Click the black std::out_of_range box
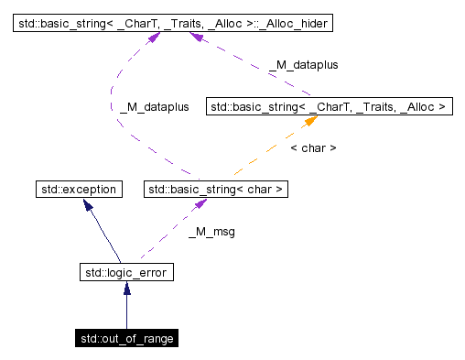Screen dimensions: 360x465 coord(126,338)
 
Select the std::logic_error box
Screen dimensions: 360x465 coord(126,272)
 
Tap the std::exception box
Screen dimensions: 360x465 coord(78,190)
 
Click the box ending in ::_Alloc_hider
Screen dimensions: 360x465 coord(171,20)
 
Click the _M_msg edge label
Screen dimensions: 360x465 coord(211,232)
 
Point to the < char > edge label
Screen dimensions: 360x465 coord(312,147)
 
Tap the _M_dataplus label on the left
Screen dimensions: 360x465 coord(154,106)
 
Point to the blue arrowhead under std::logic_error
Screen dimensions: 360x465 coord(126,288)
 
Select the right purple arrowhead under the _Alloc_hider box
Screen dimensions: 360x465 coord(195,36)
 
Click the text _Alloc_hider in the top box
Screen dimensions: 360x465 coord(289,20)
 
